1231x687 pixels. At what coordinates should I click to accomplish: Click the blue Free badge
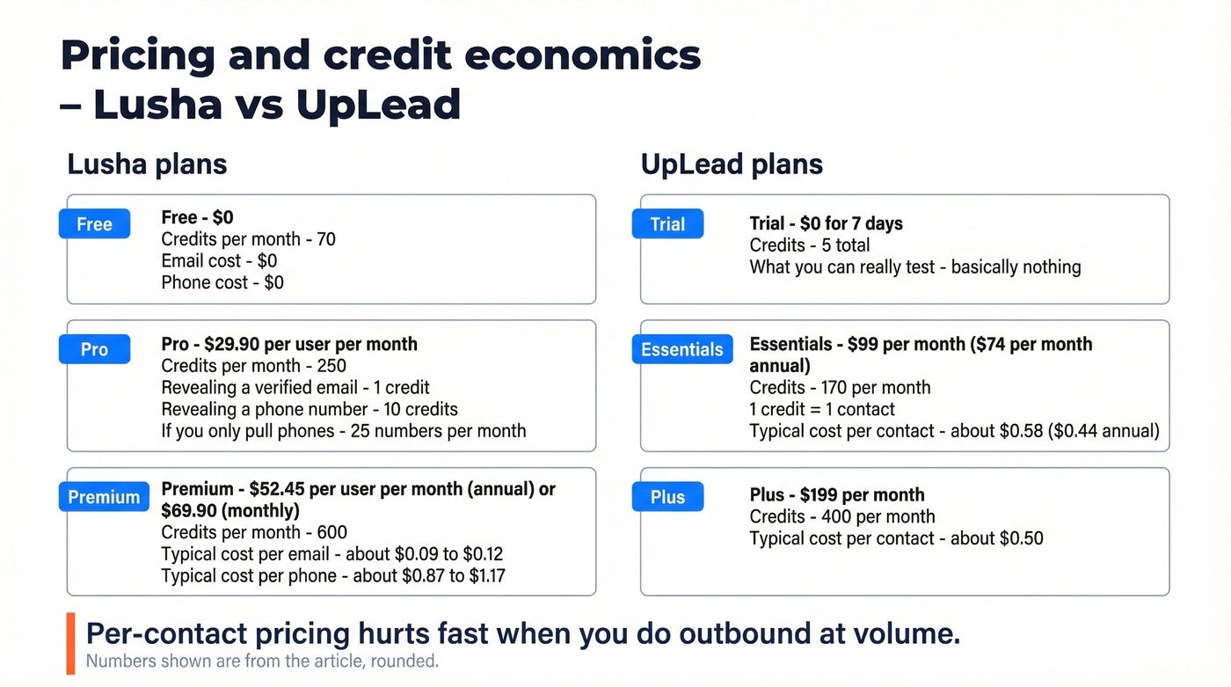click(94, 224)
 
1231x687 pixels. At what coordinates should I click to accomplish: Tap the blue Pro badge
click(94, 349)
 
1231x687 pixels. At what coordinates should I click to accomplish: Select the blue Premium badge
click(104, 497)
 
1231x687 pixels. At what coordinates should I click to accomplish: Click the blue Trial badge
click(667, 224)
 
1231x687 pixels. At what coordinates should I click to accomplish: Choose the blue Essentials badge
click(681, 349)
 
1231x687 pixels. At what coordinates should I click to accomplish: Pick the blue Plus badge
click(667, 497)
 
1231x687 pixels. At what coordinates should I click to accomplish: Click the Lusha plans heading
click(147, 164)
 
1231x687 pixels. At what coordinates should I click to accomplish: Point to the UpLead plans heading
click(732, 164)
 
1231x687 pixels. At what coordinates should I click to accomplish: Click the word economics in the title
click(582, 56)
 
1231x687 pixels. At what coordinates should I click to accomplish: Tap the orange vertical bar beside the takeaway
click(71, 643)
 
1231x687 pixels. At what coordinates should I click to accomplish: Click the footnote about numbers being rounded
click(261, 661)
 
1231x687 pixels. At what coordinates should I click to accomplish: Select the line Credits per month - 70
click(248, 239)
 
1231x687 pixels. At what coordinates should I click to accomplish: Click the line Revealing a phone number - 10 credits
click(310, 409)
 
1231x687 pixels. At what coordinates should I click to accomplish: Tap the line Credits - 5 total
click(809, 245)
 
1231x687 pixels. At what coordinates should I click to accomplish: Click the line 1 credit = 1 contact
click(821, 409)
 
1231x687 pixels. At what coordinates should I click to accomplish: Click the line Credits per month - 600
click(254, 532)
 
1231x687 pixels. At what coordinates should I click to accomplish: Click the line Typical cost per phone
click(333, 576)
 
